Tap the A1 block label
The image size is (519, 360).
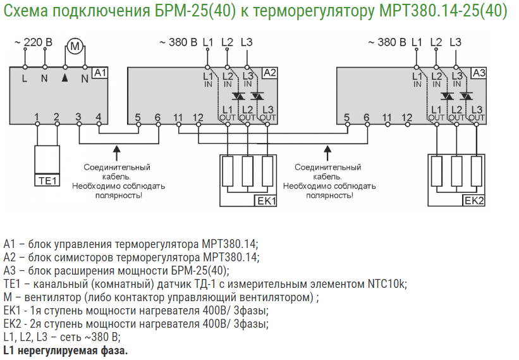pyautogui.click(x=100, y=73)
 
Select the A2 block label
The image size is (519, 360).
pyautogui.click(x=269, y=73)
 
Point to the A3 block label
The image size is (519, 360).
pyautogui.click(x=479, y=73)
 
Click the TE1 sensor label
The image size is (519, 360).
pyautogui.click(x=46, y=181)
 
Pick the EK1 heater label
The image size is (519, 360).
pyautogui.click(x=266, y=201)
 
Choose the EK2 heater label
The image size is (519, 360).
pyautogui.click(x=473, y=201)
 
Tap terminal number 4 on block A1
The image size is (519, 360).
pyautogui.click(x=98, y=117)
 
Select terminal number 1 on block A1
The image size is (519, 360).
pyautogui.click(x=37, y=117)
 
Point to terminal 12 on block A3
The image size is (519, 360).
pyautogui.click(x=406, y=117)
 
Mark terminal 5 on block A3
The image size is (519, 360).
pyautogui.click(x=346, y=117)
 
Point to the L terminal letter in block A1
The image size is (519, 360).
pyautogui.click(x=25, y=79)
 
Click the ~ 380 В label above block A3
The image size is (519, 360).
pyautogui.click(x=386, y=42)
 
